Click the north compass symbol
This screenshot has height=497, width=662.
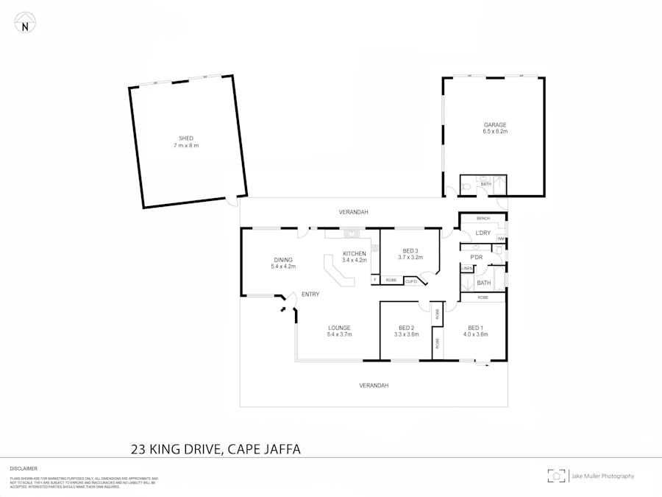click(x=26, y=23)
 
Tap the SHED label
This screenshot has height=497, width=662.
click(x=186, y=138)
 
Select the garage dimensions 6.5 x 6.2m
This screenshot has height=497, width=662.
click(x=495, y=131)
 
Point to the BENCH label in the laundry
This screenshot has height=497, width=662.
click(x=483, y=219)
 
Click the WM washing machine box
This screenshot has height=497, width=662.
click(x=501, y=239)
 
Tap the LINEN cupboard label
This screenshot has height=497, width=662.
click(x=466, y=268)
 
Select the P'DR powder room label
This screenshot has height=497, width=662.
click(x=477, y=257)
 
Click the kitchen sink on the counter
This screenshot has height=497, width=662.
click(x=350, y=234)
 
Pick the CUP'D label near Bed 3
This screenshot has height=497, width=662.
click(x=411, y=281)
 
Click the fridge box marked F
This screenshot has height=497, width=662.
click(x=374, y=280)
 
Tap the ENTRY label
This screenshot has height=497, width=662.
click(x=310, y=294)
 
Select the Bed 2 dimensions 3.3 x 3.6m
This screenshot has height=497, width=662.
click(x=406, y=334)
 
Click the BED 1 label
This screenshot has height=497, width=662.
click(x=475, y=328)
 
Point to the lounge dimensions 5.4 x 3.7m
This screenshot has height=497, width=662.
click(x=339, y=334)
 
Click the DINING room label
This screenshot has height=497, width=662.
click(x=283, y=259)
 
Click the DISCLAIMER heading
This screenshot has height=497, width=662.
click(x=24, y=468)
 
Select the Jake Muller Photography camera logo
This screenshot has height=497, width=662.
click(x=557, y=476)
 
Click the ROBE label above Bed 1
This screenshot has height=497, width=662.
click(x=483, y=297)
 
